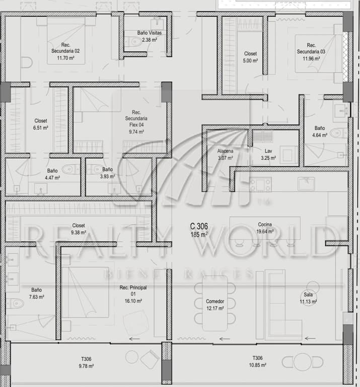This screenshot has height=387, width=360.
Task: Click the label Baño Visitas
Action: pos(150,33)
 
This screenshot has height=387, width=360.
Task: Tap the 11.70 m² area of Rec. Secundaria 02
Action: pos(65,58)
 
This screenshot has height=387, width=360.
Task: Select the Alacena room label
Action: pos(225,151)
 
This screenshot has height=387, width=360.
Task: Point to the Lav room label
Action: pos(268,151)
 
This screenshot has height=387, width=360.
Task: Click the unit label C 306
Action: pos(199,226)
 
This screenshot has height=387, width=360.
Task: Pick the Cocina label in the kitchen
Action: pos(265,225)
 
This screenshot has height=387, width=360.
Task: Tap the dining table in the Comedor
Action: pos(215,303)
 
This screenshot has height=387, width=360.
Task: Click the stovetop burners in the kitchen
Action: pos(260,184)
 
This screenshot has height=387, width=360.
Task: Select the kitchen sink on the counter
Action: pos(306,183)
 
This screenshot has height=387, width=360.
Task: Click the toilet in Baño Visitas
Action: pos(132,42)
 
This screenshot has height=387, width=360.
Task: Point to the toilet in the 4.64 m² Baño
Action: pos(338,133)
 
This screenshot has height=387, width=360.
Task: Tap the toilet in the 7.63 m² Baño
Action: pos(14,303)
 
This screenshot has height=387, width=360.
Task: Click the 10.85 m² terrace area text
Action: pos(257,365)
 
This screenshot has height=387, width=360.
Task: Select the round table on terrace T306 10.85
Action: pos(303,362)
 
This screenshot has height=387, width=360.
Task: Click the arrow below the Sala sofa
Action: pos(310,338)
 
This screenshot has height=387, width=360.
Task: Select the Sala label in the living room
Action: pos(308,294)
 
